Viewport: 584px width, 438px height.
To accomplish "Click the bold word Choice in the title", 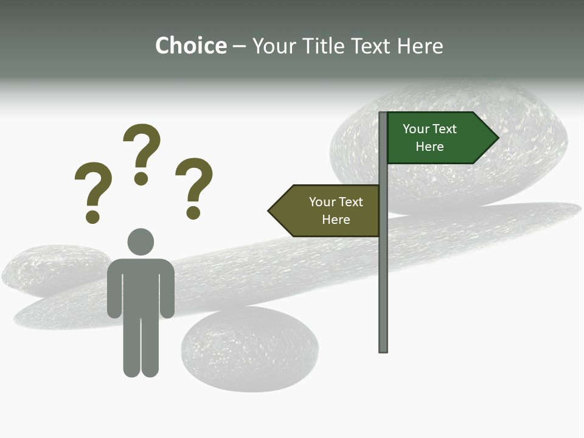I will pyautogui.click(x=190, y=46).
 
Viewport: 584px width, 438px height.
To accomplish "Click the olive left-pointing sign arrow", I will pyautogui.click(x=325, y=210).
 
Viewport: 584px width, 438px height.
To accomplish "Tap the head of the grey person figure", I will pyautogui.click(x=141, y=242).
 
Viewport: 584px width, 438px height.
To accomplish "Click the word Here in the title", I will pyautogui.click(x=420, y=46).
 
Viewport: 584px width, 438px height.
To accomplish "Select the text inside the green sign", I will pyautogui.click(x=429, y=137).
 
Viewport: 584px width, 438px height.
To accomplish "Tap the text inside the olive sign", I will pyautogui.click(x=336, y=210).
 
